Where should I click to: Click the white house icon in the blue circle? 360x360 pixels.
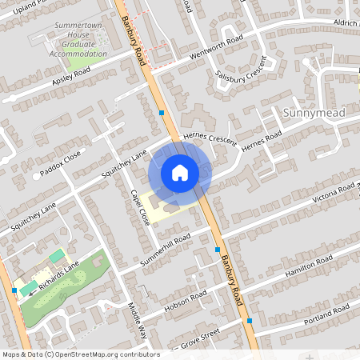pyautogui.click(x=180, y=172)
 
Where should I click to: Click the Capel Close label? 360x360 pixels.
pyautogui.click(x=140, y=207)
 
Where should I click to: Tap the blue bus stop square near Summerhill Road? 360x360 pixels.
pyautogui.click(x=218, y=250)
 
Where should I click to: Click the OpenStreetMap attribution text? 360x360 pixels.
pyautogui.click(x=80, y=354)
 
